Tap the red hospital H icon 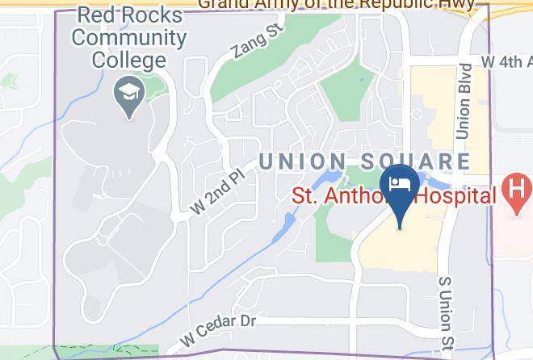click(x=516, y=192)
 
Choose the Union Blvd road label click(x=464, y=99)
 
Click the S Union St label click(x=444, y=316)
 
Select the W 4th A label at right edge click(x=506, y=61)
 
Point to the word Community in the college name click(x=129, y=38)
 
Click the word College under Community click(x=129, y=59)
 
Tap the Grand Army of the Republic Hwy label click(x=342, y=4)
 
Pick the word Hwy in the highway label click(x=469, y=4)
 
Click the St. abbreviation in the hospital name click(x=306, y=195)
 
